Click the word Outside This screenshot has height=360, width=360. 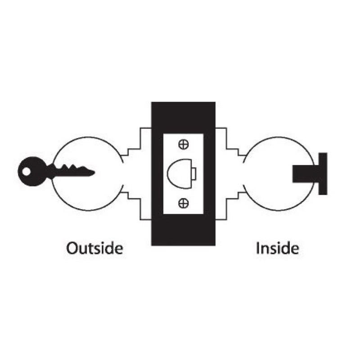pos(94,248)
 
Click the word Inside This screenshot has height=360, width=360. pos(277,248)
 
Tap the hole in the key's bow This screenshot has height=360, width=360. pos(27,171)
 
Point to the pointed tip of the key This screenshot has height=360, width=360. pos(94,172)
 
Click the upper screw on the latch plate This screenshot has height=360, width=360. pos(184,144)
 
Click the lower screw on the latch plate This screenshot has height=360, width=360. pos(184,203)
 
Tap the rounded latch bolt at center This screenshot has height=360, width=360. pos(180,174)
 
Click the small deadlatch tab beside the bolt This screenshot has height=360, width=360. pos(194,174)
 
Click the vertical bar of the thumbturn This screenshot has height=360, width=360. pos(323,174)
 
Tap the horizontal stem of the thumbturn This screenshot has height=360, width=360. pos(306,174)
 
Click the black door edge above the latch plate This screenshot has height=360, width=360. pos(183,117)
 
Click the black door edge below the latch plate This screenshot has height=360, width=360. pos(183,230)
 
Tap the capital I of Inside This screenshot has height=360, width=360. pos(257,248)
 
